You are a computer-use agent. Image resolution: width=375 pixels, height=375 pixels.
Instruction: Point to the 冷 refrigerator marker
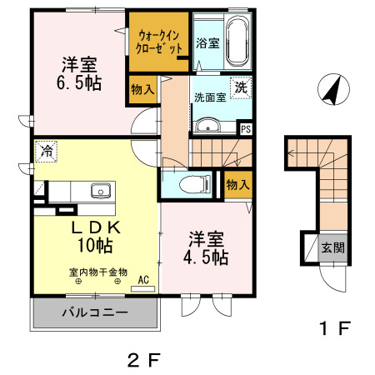[x=47, y=153]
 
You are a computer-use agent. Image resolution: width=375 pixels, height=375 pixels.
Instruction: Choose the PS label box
[x=246, y=129]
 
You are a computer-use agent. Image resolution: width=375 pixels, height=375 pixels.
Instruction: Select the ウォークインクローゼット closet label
[x=159, y=42]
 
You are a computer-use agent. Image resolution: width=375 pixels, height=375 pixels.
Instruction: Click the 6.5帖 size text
[x=79, y=84]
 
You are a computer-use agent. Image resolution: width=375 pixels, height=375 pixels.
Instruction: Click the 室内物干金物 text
[x=97, y=272]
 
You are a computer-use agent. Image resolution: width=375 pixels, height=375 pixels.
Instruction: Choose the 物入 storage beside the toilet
[x=237, y=184]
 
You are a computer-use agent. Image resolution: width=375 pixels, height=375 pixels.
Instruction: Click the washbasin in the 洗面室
[x=207, y=126]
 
